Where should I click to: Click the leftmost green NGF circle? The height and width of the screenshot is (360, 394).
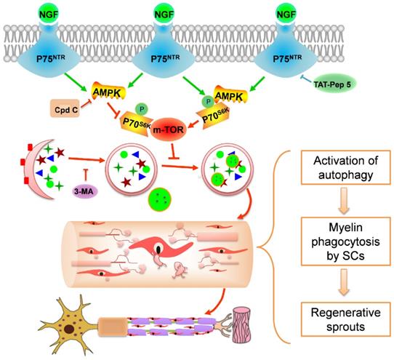point(49,13)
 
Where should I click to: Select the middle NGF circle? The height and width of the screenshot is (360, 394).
point(164,13)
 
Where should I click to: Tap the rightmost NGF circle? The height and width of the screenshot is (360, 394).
point(286,13)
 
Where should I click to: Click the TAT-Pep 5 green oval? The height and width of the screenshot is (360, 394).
point(332,84)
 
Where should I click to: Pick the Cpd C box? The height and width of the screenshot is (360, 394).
point(65,108)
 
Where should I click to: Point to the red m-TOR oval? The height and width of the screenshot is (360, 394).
point(169,129)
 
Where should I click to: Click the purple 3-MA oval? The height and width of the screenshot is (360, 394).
point(84,192)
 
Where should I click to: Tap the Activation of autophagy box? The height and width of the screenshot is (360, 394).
point(345,168)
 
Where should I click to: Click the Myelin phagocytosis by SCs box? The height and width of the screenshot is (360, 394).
point(345,241)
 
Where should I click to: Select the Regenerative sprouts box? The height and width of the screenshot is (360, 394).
point(345,319)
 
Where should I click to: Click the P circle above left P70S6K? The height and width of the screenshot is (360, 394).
point(142,109)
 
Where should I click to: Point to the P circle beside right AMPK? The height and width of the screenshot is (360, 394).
point(209,101)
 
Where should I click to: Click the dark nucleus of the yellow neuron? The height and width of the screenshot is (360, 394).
point(68,328)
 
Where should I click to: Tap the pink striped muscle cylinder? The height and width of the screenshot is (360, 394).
point(243,325)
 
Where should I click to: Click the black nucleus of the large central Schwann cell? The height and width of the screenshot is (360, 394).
point(158,249)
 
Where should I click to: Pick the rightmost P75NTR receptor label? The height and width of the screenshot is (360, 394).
point(287,59)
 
